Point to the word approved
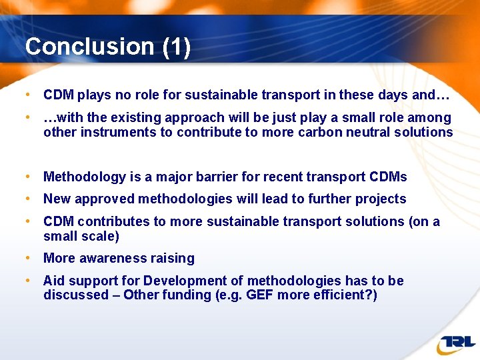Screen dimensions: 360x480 (105, 199)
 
